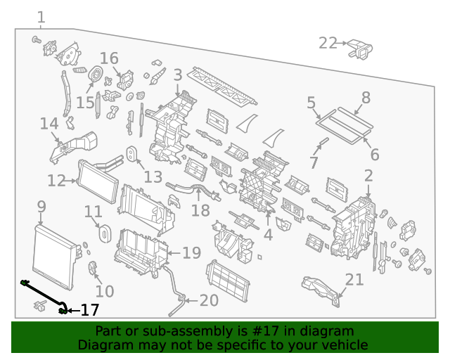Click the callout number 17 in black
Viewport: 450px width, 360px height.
pos(90,310)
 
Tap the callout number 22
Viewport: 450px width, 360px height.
pos(328,44)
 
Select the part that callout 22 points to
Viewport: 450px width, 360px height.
pos(360,49)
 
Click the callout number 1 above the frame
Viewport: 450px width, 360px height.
pos(41,17)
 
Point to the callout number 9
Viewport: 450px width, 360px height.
pos(41,207)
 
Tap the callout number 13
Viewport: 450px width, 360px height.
pos(153,176)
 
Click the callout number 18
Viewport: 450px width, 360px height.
pos(200,211)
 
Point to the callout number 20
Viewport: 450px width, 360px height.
pos(209,300)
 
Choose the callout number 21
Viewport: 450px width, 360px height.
pos(354,279)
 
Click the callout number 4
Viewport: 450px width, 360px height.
pos(268,235)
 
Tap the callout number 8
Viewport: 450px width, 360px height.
pos(366,98)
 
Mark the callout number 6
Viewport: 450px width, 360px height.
pos(375,155)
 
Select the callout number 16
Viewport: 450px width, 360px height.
pos(109,58)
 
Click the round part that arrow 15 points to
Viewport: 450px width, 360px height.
pos(96,74)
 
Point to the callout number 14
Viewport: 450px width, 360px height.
pos(49,124)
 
